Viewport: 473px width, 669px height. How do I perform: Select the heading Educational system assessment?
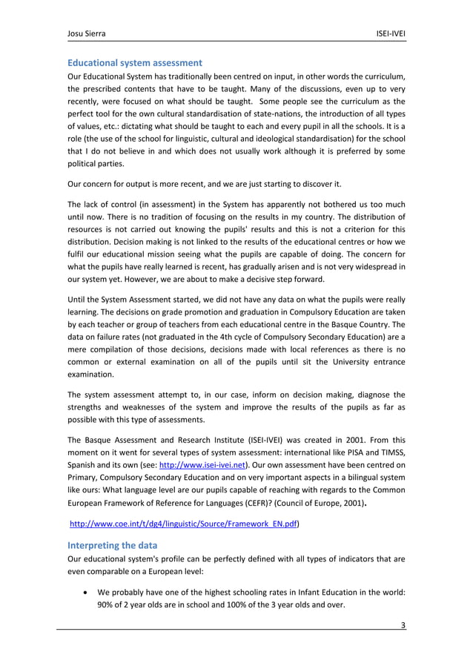pos(134,62)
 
